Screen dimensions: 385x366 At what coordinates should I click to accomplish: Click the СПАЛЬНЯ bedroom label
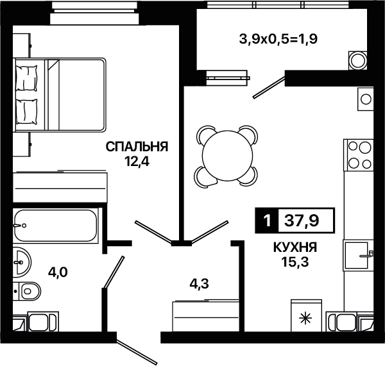click(137, 147)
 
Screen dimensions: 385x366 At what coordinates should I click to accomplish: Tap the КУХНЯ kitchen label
click(295, 247)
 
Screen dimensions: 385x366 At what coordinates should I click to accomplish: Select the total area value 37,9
click(302, 220)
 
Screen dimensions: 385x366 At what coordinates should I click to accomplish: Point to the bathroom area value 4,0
click(58, 272)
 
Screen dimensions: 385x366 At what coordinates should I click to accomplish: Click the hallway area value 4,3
click(199, 284)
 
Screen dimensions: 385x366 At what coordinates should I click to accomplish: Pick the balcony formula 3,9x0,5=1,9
click(278, 38)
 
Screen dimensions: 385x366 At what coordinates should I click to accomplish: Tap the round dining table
click(228, 156)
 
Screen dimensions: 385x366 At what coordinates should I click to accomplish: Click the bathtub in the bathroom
click(56, 226)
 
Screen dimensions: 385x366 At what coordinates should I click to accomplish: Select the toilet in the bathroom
click(27, 291)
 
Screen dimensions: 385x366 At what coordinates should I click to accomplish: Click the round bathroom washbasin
click(22, 262)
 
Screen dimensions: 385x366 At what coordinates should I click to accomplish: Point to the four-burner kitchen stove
click(359, 155)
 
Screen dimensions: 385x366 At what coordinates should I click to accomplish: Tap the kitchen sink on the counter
click(357, 255)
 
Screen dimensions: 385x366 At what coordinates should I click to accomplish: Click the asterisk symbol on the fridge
click(306, 319)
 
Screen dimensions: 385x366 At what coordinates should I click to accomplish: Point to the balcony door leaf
click(269, 88)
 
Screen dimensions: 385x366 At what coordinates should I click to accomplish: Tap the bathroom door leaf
click(114, 272)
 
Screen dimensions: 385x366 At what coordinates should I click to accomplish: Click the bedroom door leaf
click(153, 232)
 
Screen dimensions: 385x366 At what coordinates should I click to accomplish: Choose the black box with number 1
click(267, 220)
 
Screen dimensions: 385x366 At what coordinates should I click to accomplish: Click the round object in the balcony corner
click(358, 61)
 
